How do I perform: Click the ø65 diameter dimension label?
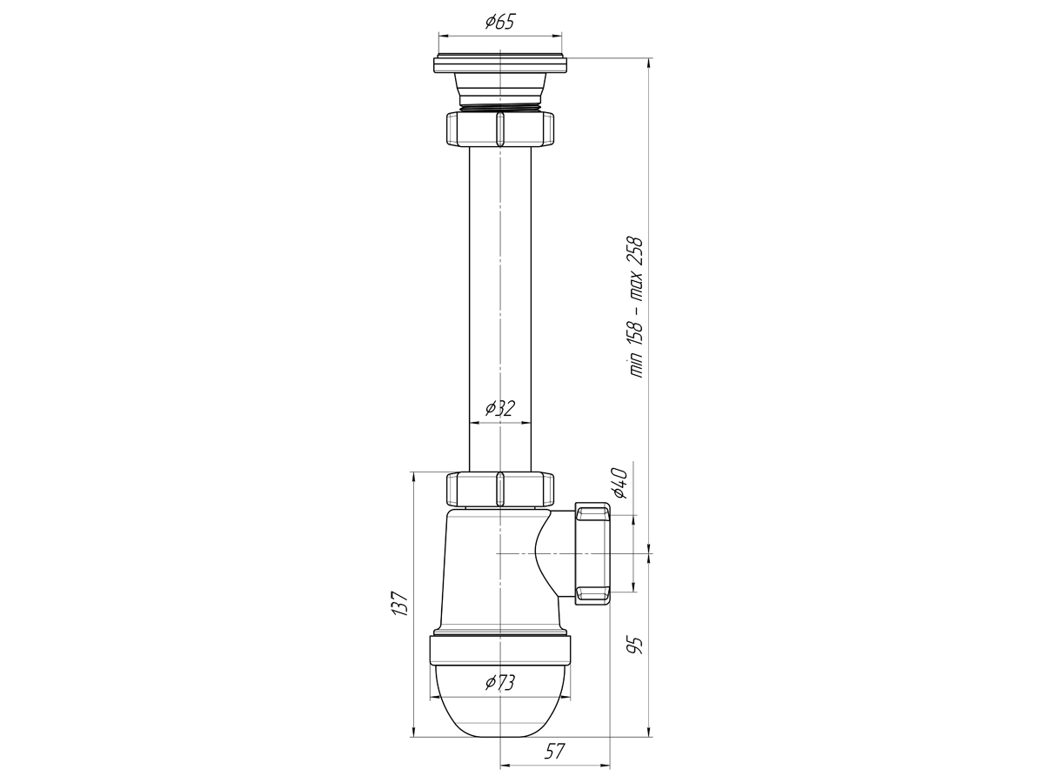tap(500, 22)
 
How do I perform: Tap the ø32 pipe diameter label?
tap(500, 408)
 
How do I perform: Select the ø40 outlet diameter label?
tap(620, 483)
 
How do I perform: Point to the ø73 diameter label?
tap(500, 683)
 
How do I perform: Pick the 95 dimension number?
tap(635, 646)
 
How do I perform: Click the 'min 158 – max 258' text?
tap(636, 307)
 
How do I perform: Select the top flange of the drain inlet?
tap(500, 65)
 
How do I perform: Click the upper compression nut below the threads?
tap(500, 129)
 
